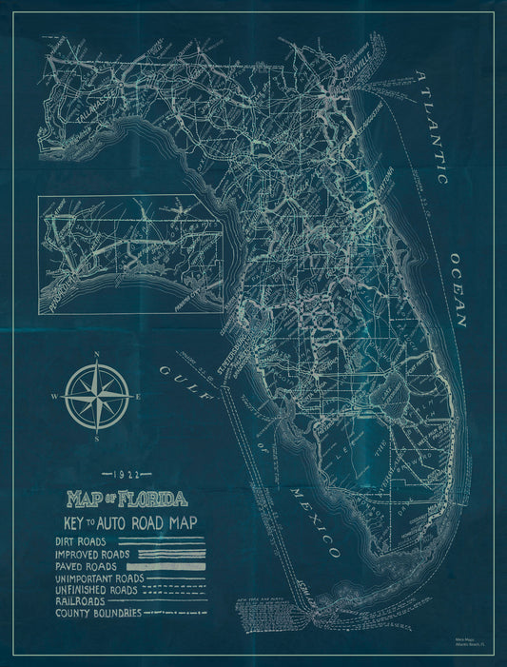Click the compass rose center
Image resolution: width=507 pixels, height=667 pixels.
click(99, 397)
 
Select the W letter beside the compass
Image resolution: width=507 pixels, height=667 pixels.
click(54, 397)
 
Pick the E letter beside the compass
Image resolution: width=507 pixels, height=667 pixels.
click(141, 396)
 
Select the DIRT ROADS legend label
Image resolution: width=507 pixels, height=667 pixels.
click(83, 540)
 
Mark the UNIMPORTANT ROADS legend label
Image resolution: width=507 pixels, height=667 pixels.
click(100, 578)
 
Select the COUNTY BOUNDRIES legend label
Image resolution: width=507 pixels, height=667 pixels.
click(98, 614)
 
